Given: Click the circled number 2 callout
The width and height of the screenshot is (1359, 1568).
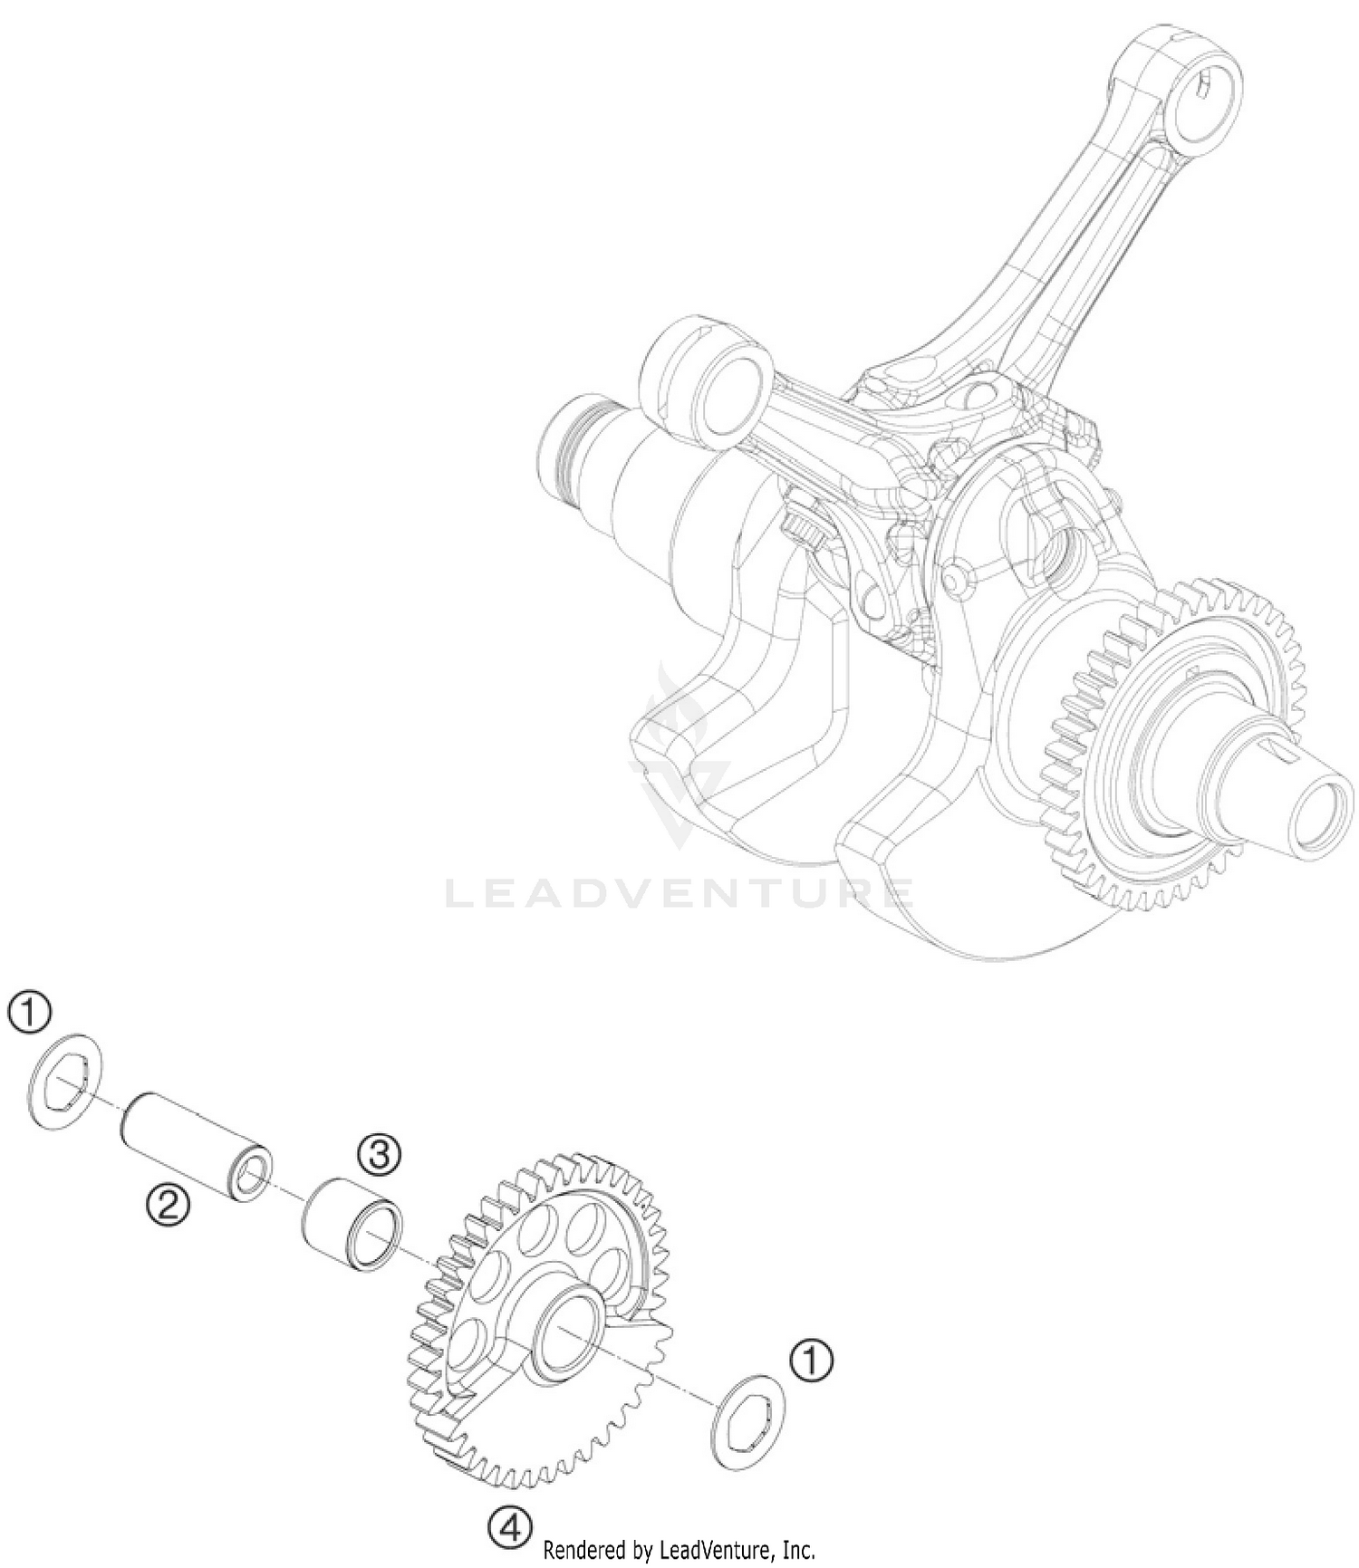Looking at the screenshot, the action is pos(169,1204).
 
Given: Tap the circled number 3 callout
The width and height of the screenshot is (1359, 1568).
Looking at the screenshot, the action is pos(380,1154).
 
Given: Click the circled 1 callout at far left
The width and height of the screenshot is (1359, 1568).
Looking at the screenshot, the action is pos(30,1012).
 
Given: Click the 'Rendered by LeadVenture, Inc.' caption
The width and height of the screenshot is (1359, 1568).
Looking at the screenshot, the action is pos(679,1549).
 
